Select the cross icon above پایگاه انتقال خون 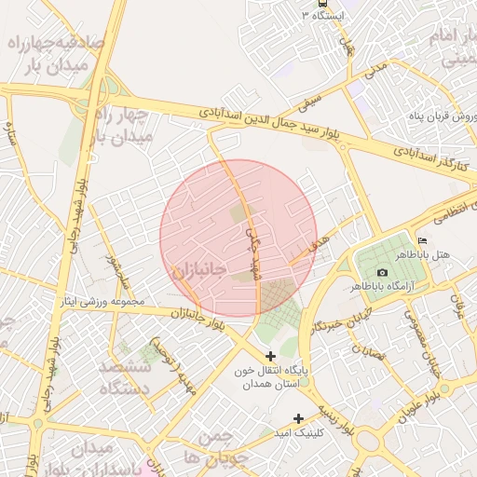click(x=271, y=356)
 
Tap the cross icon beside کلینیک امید click(x=298, y=418)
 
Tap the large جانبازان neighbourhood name click(x=198, y=271)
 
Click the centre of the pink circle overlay click(x=238, y=238)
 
